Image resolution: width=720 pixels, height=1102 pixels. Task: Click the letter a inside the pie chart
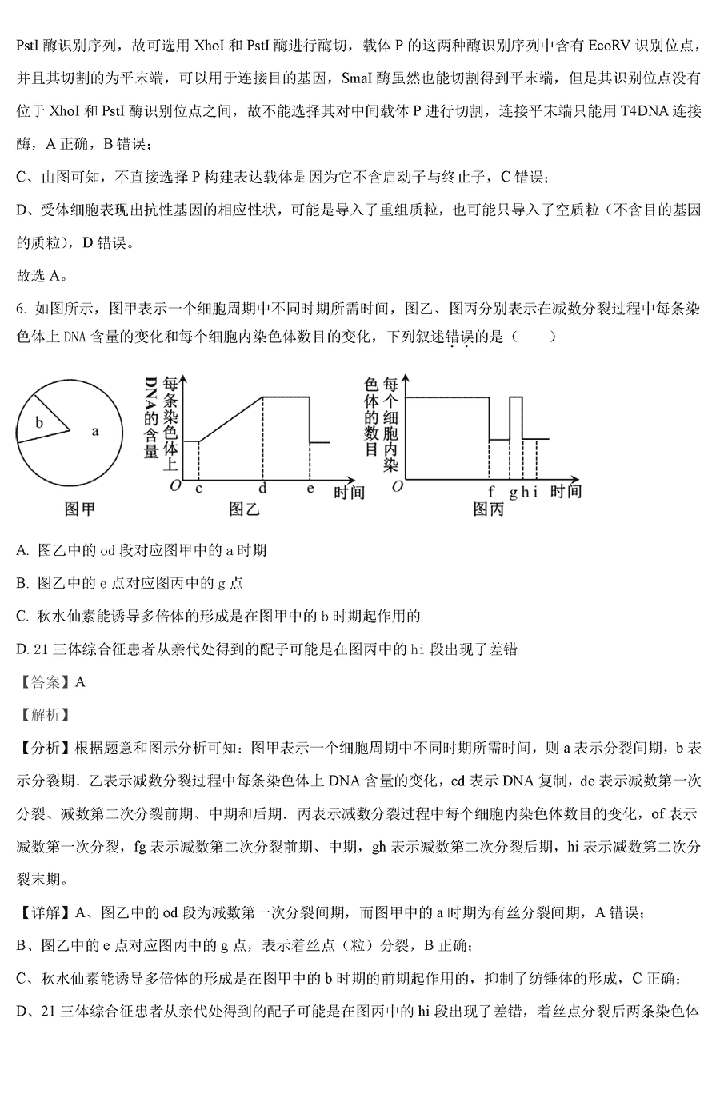(x=95, y=431)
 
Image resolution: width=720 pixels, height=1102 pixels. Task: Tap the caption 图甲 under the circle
(x=79, y=508)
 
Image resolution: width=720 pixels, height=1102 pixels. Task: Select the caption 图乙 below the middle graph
(x=245, y=508)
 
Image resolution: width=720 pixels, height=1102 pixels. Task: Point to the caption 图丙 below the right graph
(x=487, y=509)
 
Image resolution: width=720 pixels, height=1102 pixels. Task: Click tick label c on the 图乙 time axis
(x=198, y=489)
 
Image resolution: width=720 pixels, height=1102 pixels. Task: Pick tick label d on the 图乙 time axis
(x=262, y=489)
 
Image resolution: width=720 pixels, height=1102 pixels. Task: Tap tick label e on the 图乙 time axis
(x=310, y=489)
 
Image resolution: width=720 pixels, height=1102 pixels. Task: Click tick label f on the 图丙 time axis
(x=490, y=491)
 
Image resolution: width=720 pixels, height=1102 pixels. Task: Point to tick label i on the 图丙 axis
(x=535, y=491)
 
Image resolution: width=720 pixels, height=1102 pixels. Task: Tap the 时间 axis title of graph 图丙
(x=566, y=490)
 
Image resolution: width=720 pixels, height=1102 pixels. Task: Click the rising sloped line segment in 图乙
(x=230, y=418)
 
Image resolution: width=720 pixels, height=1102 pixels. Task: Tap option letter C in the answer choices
(x=22, y=616)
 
